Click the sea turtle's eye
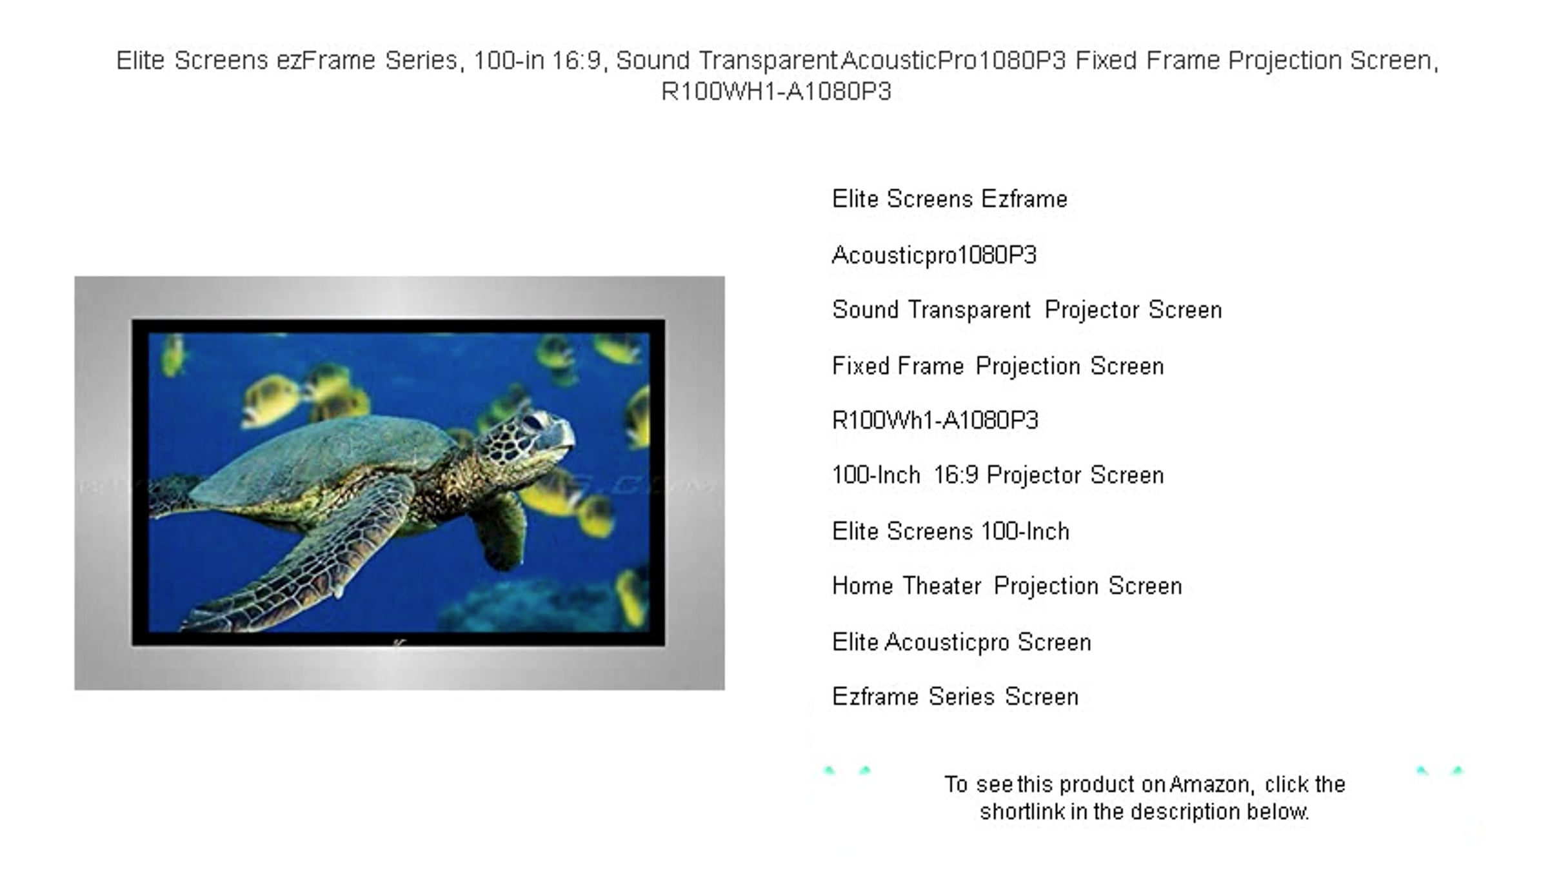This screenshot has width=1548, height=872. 534,422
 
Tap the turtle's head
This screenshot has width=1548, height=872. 526,439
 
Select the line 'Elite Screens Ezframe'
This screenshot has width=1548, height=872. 949,199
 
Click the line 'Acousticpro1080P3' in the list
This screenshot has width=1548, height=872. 934,255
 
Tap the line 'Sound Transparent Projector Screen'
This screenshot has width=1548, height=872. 1027,310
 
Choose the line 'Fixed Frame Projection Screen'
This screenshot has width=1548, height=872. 998,366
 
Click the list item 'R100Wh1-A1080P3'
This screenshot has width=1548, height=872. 935,421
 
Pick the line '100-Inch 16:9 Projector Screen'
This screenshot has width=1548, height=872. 998,475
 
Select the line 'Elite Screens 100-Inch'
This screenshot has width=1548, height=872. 951,531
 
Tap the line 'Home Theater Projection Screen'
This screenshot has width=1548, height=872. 1007,586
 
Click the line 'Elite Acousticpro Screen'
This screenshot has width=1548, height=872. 962,642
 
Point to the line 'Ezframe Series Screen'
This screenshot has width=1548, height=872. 955,697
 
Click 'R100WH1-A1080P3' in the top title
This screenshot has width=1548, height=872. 777,92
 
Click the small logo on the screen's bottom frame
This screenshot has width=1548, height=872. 399,642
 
